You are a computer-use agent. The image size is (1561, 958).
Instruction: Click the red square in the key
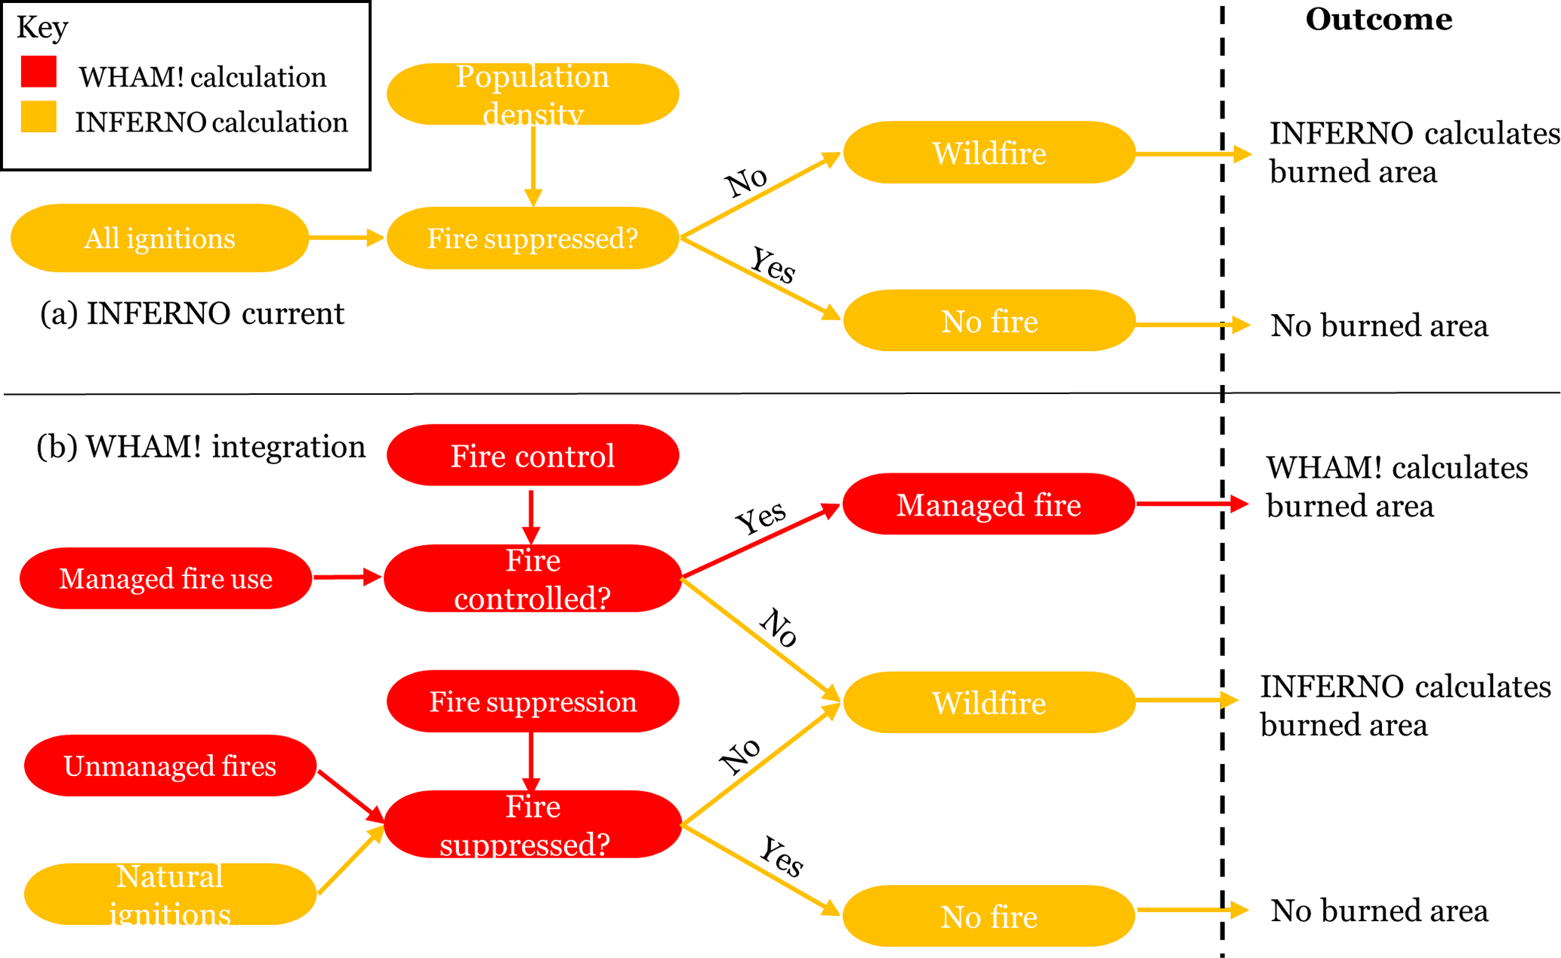point(39,72)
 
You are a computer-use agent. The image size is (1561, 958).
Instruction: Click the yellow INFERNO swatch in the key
point(39,117)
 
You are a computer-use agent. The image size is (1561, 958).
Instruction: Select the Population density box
point(532,94)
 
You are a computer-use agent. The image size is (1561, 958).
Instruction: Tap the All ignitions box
point(159,238)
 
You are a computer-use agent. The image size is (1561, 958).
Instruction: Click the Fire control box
point(532,455)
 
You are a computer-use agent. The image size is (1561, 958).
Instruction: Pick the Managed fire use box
point(165,578)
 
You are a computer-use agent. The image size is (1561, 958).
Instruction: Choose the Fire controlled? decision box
point(532,578)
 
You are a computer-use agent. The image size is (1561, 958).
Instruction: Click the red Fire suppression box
point(532,701)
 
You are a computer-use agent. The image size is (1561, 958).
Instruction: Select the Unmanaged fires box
point(170,765)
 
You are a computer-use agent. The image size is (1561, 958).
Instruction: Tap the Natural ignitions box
point(170,894)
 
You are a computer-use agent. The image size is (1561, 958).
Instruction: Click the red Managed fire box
point(989,504)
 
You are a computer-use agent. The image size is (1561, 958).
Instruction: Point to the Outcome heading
point(1378,20)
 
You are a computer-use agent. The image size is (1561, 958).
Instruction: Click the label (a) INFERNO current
point(192,313)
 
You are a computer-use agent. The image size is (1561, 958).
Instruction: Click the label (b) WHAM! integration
point(201,446)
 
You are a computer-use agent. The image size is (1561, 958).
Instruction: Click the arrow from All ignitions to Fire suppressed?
point(346,238)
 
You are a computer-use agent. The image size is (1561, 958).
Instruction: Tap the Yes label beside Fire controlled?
point(760,518)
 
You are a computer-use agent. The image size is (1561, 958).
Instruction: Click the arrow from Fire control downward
point(532,516)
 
